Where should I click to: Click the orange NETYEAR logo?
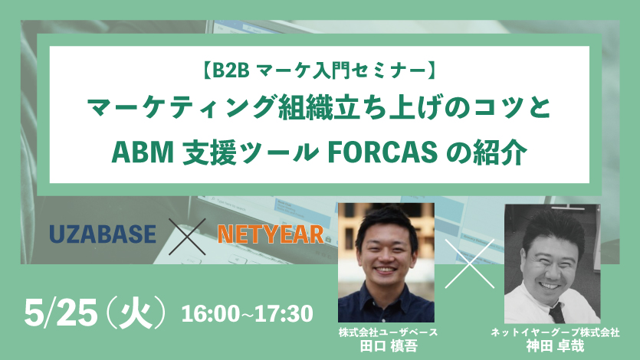(270, 234)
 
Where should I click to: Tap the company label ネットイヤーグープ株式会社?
(556, 332)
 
